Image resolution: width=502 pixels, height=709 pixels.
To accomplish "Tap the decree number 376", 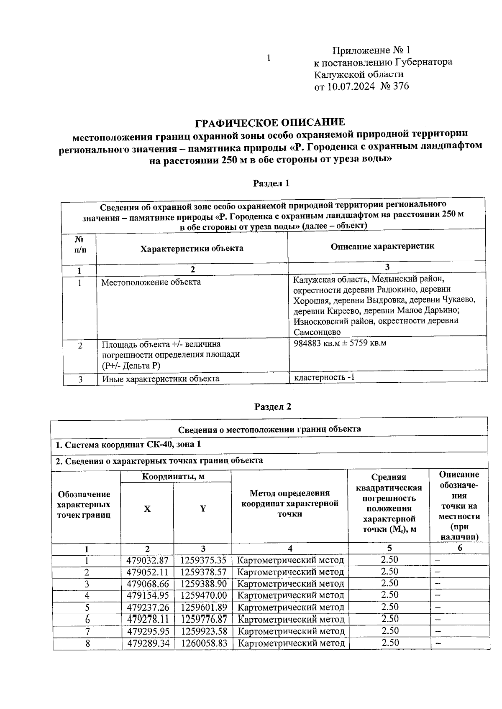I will coord(401,86).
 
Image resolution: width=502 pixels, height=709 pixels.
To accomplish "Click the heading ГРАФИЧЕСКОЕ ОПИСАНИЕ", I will coord(270,122).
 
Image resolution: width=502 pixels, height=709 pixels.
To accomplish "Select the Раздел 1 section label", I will coord(271,183).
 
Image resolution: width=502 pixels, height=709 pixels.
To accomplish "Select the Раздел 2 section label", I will coord(273,407).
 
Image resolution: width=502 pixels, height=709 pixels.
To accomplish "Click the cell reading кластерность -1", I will coord(324,377).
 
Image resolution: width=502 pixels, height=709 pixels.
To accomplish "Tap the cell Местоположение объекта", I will coord(151,282).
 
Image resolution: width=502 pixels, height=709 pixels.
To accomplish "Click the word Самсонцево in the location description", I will coord(317,332).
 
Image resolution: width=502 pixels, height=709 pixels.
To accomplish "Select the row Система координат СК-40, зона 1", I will coord(128,444).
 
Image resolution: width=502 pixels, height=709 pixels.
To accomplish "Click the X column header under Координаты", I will coord(147,509).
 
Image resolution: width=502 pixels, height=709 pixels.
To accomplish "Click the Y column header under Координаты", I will coord(203,509).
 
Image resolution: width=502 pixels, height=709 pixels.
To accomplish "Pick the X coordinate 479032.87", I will coord(147,560).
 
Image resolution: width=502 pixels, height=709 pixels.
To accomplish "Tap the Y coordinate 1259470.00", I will coord(203,595).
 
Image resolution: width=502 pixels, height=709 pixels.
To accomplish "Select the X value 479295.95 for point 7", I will coord(147,631).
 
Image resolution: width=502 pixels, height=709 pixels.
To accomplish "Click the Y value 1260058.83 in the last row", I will coord(204,643).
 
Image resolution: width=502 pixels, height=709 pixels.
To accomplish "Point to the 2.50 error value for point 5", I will coord(389,607).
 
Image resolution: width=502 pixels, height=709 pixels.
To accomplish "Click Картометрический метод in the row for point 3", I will coord(291,584).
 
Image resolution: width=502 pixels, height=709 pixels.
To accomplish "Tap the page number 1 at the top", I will coord(269,58).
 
